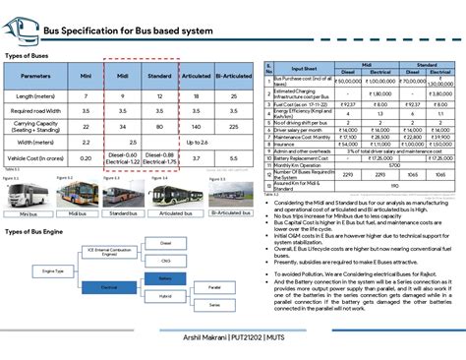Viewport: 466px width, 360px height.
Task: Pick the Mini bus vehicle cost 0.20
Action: click(x=86, y=156)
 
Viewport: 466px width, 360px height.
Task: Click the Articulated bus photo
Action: click(x=176, y=194)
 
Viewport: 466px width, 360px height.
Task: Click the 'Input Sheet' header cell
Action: click(x=302, y=68)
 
